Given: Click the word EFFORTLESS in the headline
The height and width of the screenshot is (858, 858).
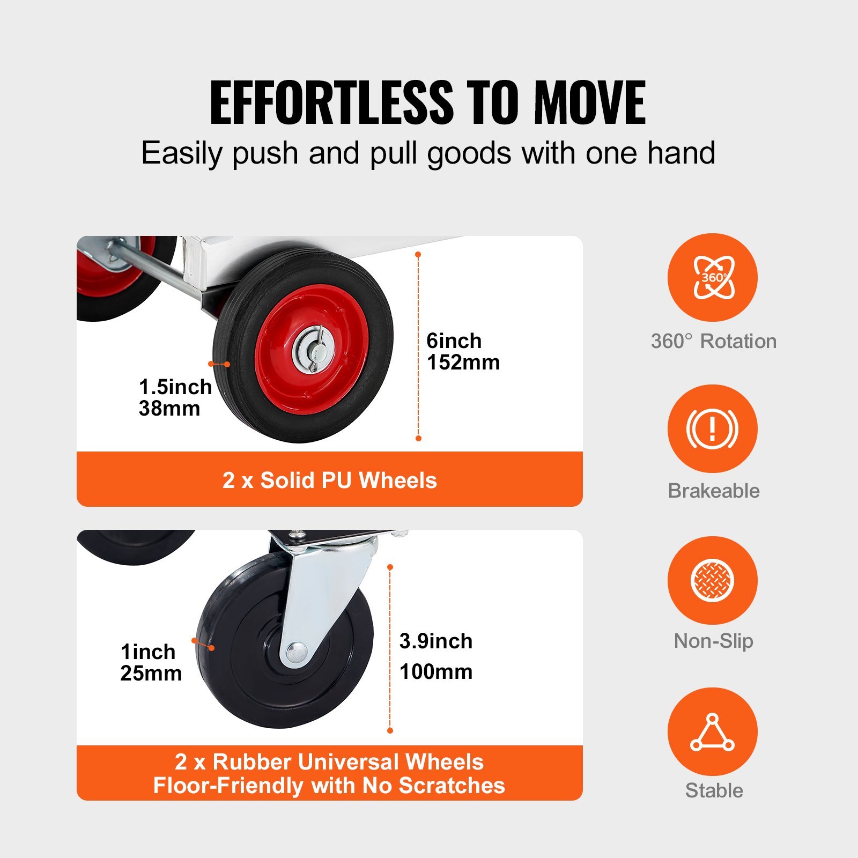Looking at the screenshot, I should (x=331, y=102).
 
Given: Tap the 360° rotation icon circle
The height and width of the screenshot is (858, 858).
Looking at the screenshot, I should (x=712, y=278).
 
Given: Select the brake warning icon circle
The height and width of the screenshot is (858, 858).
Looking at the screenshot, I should (x=712, y=429).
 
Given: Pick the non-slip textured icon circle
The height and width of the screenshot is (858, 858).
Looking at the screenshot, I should (x=712, y=580).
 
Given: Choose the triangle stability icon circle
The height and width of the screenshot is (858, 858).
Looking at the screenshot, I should (x=712, y=731).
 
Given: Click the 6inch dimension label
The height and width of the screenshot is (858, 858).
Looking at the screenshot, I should (x=454, y=341).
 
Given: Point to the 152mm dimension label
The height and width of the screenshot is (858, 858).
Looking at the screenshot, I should (x=463, y=363).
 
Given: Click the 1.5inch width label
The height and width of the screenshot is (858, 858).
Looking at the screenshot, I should (x=175, y=387).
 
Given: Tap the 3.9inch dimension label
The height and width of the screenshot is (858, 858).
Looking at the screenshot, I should (x=436, y=641).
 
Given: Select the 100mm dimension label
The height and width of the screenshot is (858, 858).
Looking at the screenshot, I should (x=436, y=671).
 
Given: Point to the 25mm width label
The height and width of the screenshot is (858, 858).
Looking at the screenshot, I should (x=151, y=674).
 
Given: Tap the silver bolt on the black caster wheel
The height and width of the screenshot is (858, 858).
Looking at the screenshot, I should (x=297, y=652).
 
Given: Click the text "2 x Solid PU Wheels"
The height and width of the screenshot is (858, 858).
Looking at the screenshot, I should (x=329, y=480).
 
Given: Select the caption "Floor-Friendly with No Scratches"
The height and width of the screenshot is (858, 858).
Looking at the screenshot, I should (x=329, y=786).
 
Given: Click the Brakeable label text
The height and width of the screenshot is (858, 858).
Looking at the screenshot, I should (x=714, y=491).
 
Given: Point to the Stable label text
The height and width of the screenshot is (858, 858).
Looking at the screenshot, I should (x=714, y=790).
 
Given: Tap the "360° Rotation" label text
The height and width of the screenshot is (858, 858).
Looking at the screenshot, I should (x=714, y=341).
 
